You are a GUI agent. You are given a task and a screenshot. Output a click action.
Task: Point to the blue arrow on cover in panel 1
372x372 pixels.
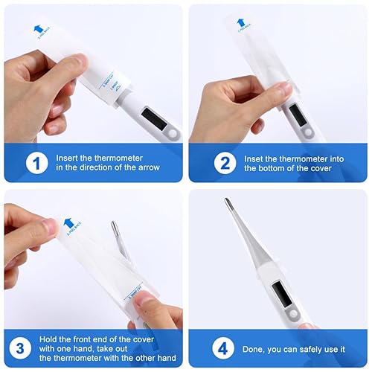click(x=34, y=22)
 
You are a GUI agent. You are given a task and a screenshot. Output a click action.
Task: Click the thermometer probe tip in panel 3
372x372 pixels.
click(x=114, y=226)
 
